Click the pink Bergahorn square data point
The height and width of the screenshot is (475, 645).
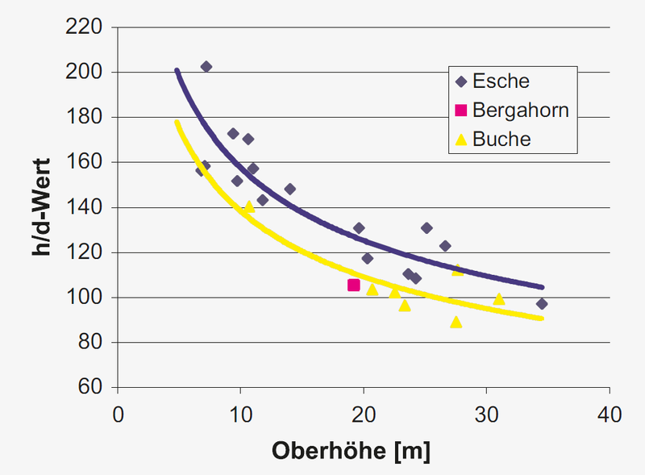click(x=353, y=285)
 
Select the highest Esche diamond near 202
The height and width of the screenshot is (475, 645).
click(x=206, y=67)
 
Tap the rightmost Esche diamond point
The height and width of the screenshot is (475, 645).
click(x=542, y=304)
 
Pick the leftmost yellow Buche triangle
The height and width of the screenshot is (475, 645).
click(x=248, y=206)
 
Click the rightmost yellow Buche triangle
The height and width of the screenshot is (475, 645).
click(x=499, y=299)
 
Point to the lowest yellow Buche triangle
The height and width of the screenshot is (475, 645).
click(x=456, y=322)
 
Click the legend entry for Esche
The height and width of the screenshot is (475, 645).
click(x=501, y=81)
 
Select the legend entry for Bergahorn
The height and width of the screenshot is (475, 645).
click(x=521, y=110)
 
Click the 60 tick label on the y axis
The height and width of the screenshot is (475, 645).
click(x=89, y=388)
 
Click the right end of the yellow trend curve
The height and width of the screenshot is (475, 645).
click(x=543, y=319)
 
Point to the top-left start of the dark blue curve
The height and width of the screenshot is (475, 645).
click(x=177, y=71)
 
